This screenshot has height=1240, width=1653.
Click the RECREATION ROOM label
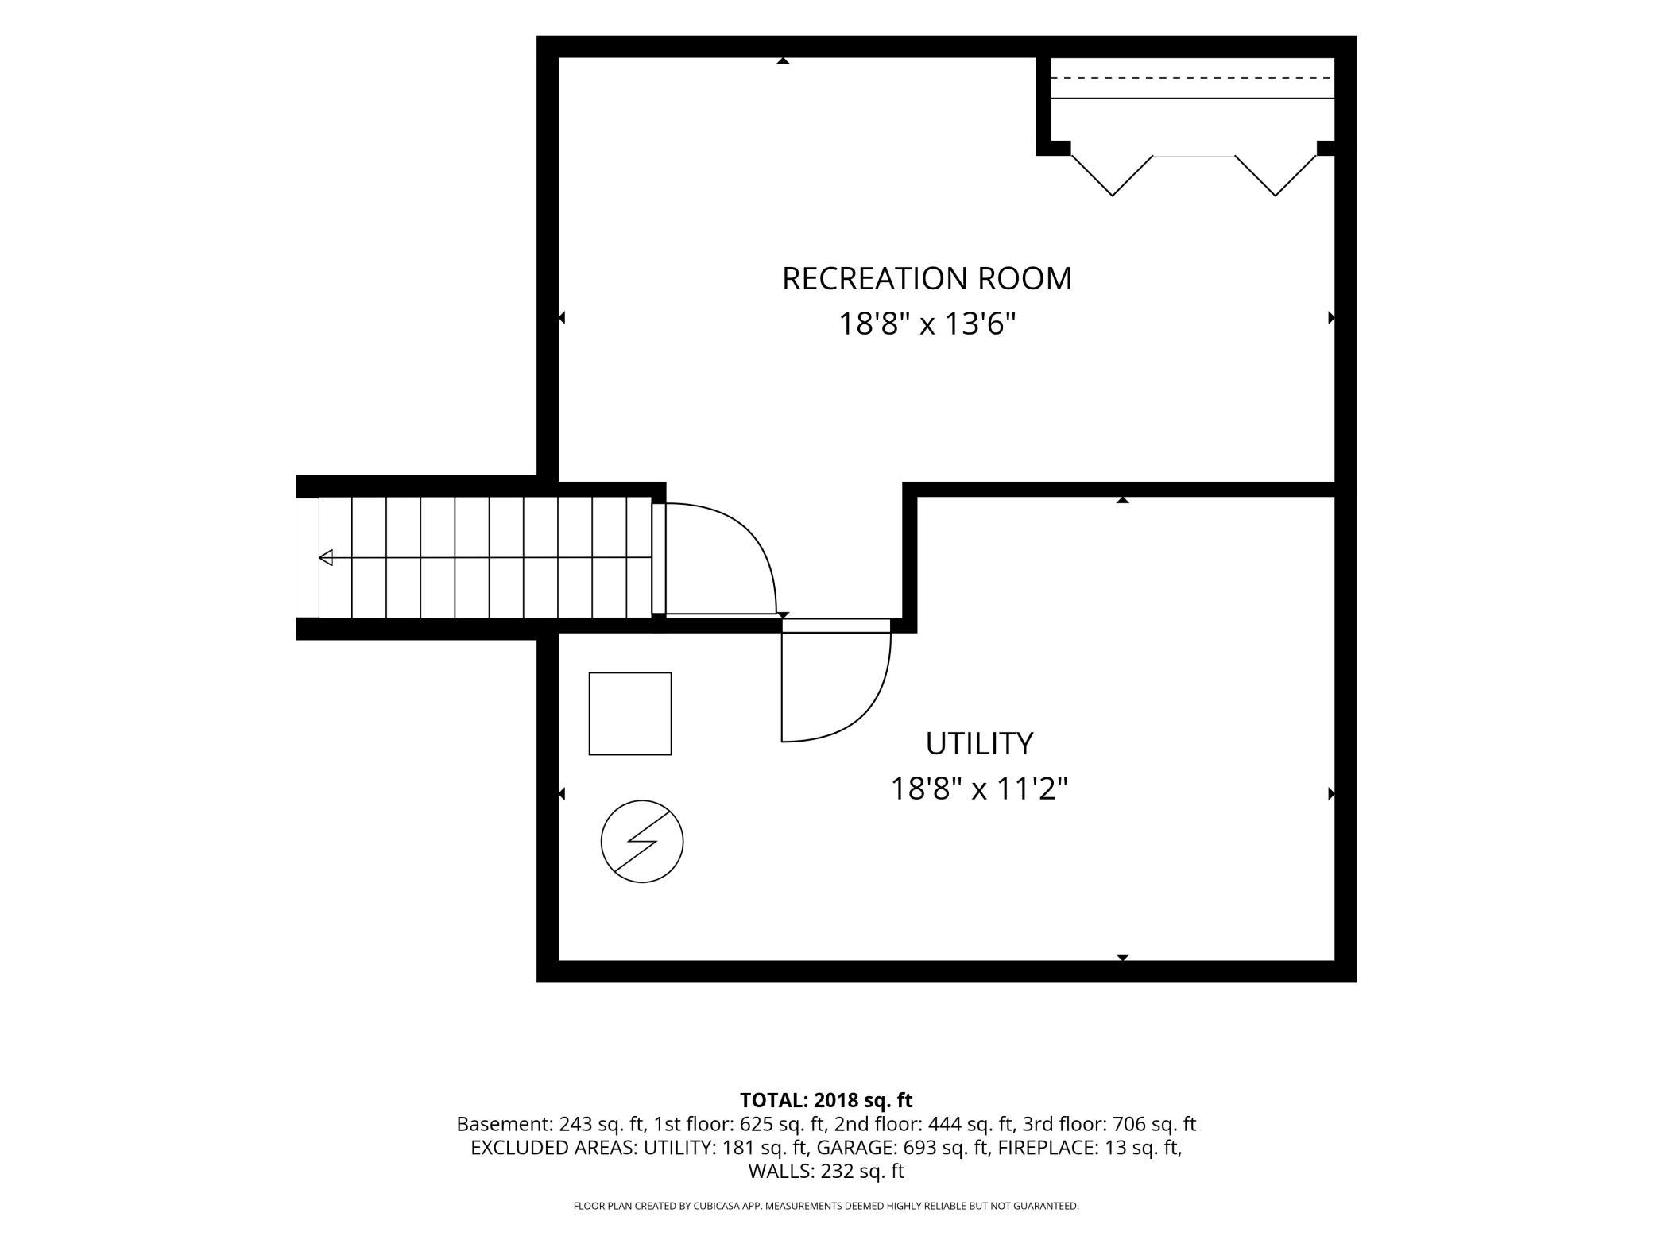pyautogui.click(x=927, y=279)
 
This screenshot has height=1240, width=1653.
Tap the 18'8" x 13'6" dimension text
pyautogui.click(x=927, y=324)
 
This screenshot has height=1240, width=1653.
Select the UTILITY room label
pyautogui.click(x=979, y=744)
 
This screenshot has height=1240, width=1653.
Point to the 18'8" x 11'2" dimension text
pyautogui.click(x=978, y=789)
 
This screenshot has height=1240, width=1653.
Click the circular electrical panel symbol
pyautogui.click(x=642, y=841)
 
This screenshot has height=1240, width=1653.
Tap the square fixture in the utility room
pyautogui.click(x=630, y=714)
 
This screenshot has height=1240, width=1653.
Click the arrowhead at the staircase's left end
pyautogui.click(x=326, y=558)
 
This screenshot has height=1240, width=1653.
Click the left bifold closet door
pyautogui.click(x=1112, y=176)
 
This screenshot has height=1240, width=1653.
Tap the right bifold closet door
pyautogui.click(x=1276, y=176)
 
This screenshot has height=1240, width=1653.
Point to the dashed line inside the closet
pyautogui.click(x=1192, y=78)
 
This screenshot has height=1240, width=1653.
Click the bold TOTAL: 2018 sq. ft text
pyautogui.click(x=826, y=1100)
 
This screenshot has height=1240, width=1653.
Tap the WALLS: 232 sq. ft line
pyautogui.click(x=826, y=1171)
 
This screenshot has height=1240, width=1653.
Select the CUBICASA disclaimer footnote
pyautogui.click(x=826, y=1206)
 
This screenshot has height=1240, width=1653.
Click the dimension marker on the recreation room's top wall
pyautogui.click(x=783, y=60)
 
